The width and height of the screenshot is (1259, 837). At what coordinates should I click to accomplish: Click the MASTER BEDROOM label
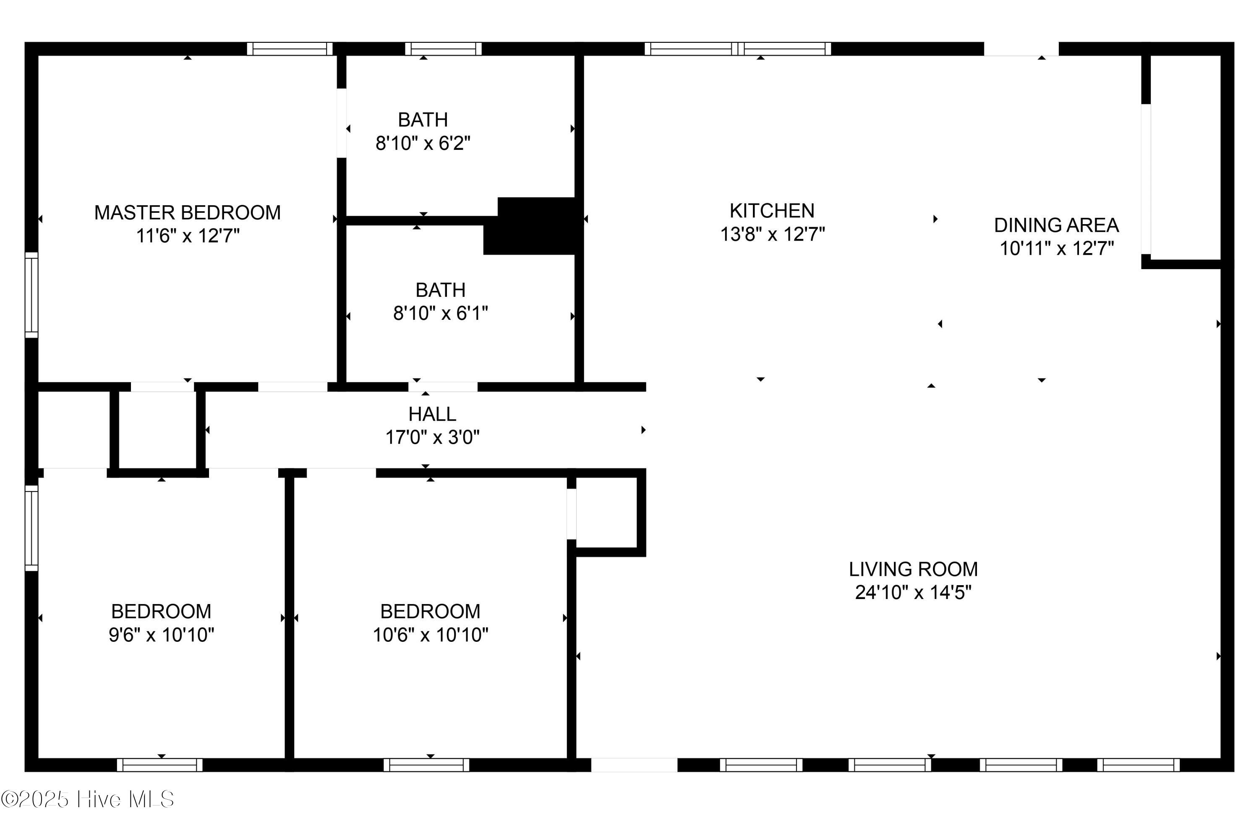187,212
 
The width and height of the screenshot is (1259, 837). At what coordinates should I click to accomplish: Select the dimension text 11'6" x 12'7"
187,235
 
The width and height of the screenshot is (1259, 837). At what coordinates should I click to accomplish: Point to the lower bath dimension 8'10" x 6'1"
440,313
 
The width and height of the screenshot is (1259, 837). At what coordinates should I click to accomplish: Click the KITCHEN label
772,211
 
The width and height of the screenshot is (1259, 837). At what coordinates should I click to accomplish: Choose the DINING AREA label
1055,225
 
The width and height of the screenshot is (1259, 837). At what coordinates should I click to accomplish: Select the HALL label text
432,414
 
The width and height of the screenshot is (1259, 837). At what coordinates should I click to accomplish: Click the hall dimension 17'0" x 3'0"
432,438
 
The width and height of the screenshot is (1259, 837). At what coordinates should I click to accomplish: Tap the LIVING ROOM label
913,569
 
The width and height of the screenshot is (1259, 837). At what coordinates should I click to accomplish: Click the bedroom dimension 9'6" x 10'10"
161,635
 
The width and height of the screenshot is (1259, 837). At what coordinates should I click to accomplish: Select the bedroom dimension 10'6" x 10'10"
430,635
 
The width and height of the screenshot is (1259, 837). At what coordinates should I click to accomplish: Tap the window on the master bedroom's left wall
32,295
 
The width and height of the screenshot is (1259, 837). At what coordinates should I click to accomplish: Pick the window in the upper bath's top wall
443,49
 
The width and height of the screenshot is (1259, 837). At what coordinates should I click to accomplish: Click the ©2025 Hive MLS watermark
88,799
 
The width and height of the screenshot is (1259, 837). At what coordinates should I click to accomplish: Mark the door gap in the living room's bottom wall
634,765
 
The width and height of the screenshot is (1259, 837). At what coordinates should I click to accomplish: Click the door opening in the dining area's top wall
1021,49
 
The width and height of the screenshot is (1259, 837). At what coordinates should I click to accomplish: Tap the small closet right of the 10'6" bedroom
607,513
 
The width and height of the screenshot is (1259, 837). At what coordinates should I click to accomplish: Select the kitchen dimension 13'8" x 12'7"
772,234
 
